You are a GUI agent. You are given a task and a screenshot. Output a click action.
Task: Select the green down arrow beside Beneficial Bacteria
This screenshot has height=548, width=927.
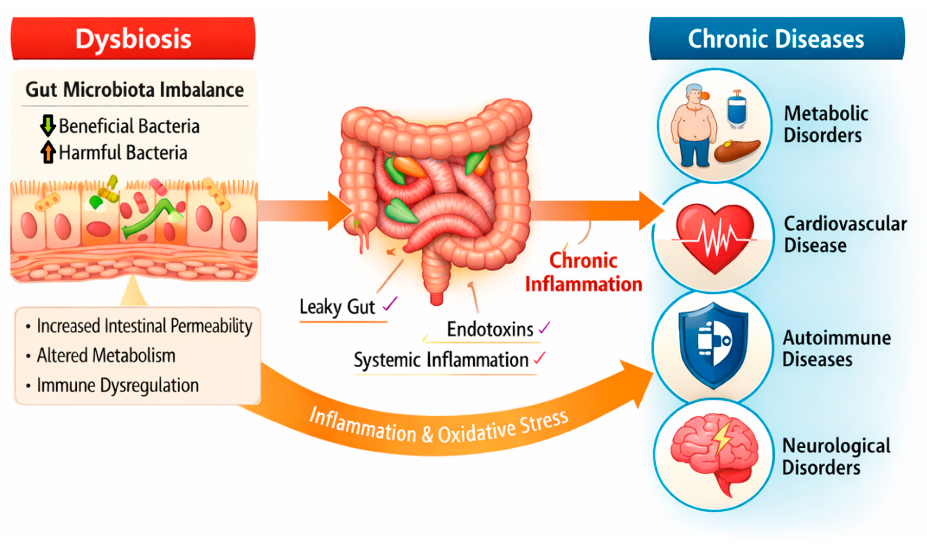[48, 126]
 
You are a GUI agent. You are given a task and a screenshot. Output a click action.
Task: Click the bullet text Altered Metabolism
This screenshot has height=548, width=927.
[106, 356]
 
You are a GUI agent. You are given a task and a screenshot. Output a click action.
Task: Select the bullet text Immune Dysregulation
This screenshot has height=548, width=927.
[118, 386]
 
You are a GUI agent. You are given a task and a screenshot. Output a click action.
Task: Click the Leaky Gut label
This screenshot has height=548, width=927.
[337, 307]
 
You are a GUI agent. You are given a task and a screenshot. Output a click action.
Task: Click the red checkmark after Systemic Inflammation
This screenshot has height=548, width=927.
[540, 358]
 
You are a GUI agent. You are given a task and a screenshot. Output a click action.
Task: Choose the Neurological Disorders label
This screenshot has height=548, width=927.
[836, 457]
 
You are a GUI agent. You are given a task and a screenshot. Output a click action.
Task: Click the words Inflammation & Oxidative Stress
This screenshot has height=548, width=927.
[439, 428]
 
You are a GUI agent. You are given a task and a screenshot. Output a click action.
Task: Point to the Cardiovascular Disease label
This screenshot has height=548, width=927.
[845, 234]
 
